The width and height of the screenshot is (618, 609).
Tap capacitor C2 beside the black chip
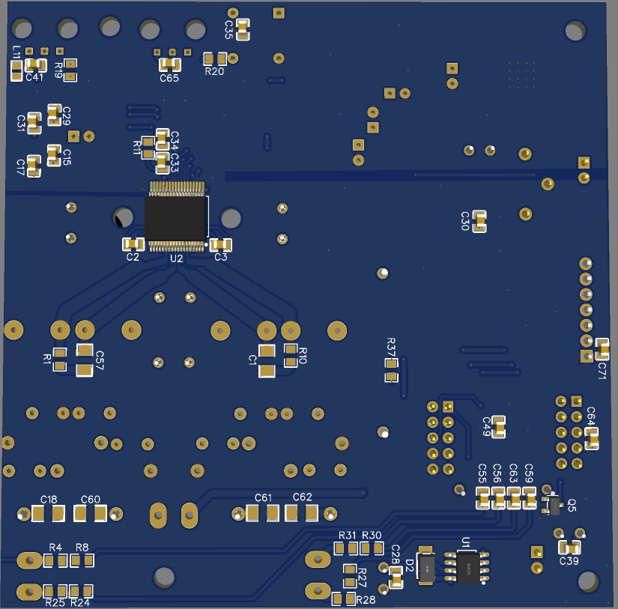pos(133,243)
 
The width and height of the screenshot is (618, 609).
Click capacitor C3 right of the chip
pos(220,244)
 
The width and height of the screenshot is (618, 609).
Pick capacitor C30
pos(479,221)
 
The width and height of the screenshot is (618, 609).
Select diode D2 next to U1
pos(426,567)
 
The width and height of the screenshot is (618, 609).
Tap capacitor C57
pos(85,360)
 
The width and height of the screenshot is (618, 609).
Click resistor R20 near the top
pos(215,58)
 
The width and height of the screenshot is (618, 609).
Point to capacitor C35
pos(243,29)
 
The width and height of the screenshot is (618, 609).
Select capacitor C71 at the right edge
pos(602,348)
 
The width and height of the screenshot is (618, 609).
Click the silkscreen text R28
pos(366,601)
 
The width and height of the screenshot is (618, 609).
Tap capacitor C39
pos(571,548)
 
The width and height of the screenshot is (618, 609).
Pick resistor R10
pos(291,356)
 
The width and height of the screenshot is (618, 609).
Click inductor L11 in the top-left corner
pos(16,70)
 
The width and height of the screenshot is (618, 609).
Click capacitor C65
pos(170,64)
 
